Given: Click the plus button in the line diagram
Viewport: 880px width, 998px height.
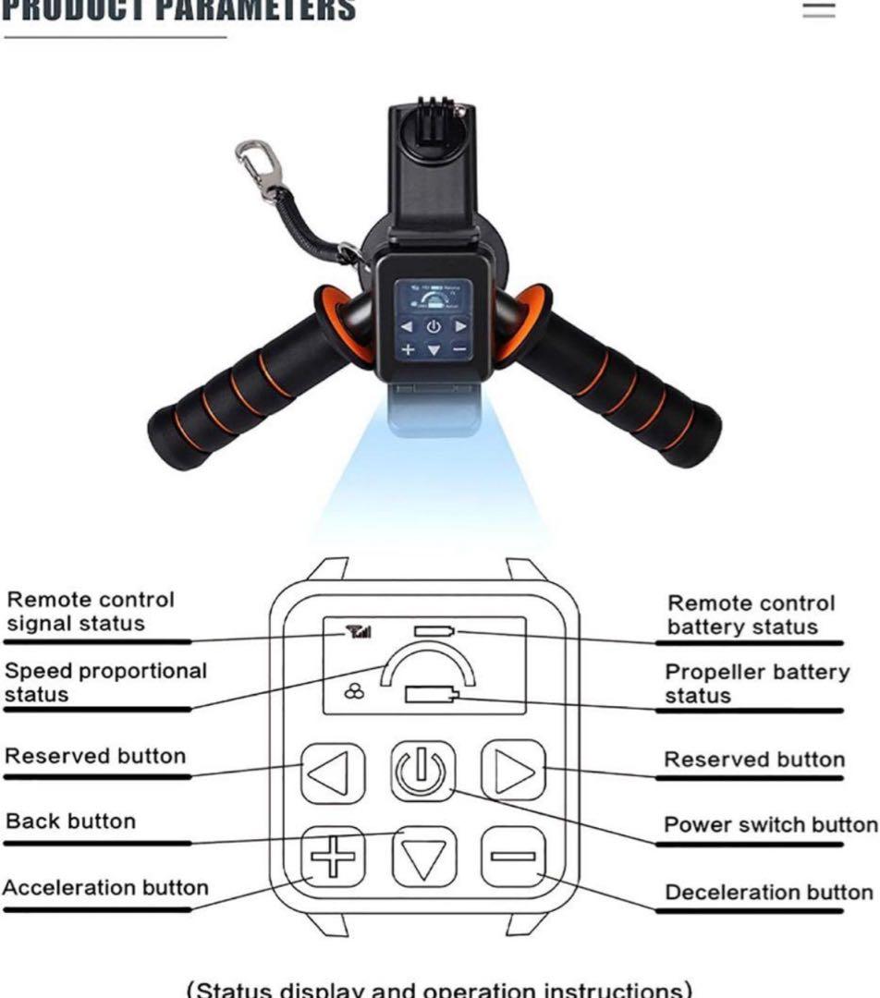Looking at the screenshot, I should tap(333, 857).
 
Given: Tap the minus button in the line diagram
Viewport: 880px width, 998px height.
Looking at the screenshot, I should tap(512, 856).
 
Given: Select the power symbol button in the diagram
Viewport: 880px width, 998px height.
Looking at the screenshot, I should tap(422, 772).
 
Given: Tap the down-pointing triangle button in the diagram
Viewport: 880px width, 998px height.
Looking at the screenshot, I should tap(423, 858).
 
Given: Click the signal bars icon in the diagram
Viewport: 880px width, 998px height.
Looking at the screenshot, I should tap(358, 632).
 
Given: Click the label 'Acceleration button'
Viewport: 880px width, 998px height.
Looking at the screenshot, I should tap(105, 888).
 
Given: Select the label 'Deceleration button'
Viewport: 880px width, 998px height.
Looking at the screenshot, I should tap(769, 893).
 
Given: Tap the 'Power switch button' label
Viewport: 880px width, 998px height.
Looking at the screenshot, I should tap(771, 824).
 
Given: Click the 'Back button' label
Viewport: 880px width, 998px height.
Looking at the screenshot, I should tap(70, 822).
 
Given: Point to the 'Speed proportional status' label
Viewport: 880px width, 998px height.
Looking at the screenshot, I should tap(105, 682).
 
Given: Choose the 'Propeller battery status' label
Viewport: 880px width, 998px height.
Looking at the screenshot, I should tap(757, 684).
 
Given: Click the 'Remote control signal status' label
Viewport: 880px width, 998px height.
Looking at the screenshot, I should tap(90, 612).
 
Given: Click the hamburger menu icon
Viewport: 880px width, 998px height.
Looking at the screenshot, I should tap(818, 10).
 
